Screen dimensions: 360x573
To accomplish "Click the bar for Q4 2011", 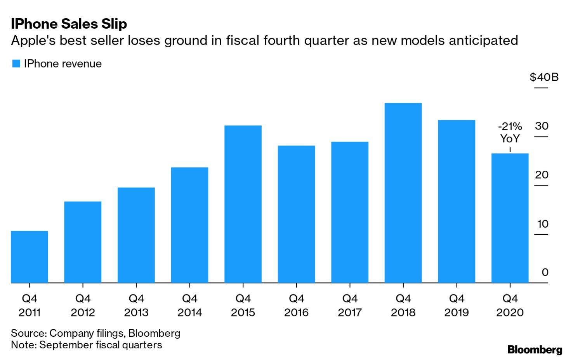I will (x=30, y=257).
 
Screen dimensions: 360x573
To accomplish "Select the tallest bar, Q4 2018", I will (x=403, y=193).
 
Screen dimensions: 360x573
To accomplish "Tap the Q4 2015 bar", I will (x=243, y=204).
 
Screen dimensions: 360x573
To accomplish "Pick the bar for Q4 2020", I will (x=510, y=218).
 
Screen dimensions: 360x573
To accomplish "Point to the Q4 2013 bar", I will (x=136, y=235).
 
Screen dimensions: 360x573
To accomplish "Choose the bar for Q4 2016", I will (x=296, y=214).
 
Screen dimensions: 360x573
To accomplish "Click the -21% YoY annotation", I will (x=510, y=132).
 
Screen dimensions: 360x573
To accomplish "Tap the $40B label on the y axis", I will (x=544, y=77).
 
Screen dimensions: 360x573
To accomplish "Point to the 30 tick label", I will (x=542, y=126).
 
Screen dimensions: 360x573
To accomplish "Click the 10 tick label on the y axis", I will (x=542, y=224).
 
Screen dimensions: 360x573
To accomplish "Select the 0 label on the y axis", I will (x=545, y=272).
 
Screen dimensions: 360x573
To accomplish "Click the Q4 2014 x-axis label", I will (x=189, y=305).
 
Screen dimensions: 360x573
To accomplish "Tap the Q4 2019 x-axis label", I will (x=457, y=305).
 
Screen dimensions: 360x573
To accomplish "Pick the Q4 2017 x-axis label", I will (x=350, y=305).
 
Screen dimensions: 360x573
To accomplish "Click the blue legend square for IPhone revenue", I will (x=16, y=64).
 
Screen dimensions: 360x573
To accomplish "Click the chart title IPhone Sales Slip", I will (x=69, y=24).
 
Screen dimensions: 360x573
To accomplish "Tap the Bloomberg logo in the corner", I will (x=535, y=350).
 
